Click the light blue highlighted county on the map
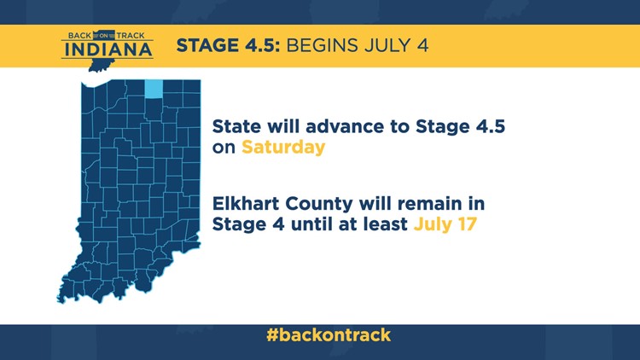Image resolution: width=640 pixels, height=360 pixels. (154, 89)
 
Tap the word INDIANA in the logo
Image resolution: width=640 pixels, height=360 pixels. (108, 49)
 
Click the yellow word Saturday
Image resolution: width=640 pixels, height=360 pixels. (283, 148)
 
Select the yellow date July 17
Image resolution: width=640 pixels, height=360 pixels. (445, 224)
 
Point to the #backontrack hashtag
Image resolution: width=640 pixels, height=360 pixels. (329, 334)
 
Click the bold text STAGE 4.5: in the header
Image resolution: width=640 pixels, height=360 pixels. (228, 45)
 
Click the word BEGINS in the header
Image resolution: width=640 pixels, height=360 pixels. (322, 45)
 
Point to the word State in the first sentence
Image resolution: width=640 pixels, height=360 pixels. (236, 126)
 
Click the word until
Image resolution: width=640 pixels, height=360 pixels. (311, 224)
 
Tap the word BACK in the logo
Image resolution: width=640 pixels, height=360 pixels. (79, 36)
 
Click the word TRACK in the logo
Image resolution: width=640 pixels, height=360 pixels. (131, 36)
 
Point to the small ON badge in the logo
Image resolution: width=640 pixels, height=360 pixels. (103, 36)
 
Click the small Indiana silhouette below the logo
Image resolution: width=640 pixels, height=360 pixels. (100, 65)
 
